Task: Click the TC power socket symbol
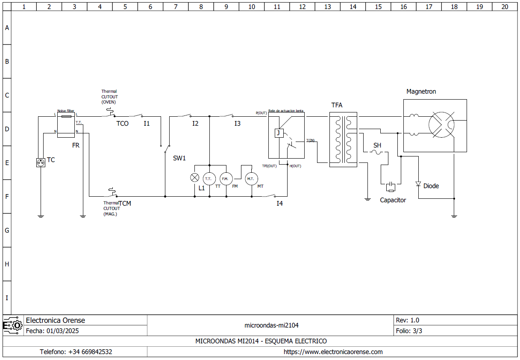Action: click(41, 162)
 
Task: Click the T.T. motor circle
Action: click(209, 178)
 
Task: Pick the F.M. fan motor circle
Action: click(226, 178)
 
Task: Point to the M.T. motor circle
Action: click(251, 178)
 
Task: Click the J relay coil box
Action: click(278, 133)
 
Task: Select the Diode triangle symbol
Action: click(418, 184)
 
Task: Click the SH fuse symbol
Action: click(377, 152)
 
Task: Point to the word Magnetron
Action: click(421, 91)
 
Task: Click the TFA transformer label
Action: click(337, 105)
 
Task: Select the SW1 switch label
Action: click(179, 158)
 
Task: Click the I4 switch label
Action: click(279, 204)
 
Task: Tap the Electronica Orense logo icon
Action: click(13, 325)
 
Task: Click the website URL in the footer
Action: click(333, 352)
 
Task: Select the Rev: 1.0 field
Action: click(408, 320)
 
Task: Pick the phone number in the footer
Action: click(76, 352)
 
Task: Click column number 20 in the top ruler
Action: click(505, 7)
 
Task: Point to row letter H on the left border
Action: click(7, 264)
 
